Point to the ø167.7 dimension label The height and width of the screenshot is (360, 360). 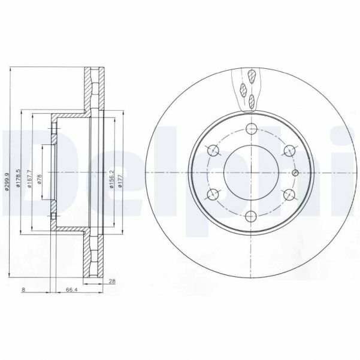point(29,178)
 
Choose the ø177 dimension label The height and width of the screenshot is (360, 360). point(122,180)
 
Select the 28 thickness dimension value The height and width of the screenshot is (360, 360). point(111,281)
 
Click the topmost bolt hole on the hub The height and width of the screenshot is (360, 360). point(251,129)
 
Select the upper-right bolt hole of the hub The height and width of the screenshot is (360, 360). point(288,150)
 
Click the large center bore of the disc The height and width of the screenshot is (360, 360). point(251,172)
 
